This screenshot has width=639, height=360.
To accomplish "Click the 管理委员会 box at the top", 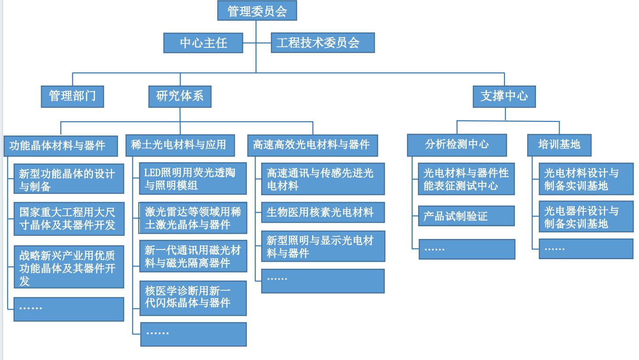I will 257,11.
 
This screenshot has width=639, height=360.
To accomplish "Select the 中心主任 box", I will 203,43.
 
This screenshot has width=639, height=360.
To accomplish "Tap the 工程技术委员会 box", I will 323,43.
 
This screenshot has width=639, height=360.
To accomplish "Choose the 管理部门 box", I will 72,96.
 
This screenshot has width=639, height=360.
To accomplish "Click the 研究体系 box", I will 180,96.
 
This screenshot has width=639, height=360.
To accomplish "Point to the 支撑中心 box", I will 504,96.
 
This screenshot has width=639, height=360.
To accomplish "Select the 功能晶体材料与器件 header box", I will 60,146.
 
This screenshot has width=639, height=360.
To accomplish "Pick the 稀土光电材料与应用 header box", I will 180,145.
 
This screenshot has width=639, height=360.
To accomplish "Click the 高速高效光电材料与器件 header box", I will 312,145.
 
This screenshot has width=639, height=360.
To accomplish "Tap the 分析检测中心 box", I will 457,145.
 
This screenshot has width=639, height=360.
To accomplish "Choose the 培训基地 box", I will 559,145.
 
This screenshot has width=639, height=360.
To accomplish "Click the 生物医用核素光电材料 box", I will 323,212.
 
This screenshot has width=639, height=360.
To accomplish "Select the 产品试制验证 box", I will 466,216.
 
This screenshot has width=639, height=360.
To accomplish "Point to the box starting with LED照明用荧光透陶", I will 193,178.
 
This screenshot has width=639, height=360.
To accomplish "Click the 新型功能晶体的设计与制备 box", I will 68,179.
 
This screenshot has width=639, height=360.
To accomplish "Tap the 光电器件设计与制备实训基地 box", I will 586,217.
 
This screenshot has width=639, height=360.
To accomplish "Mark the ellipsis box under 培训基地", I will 586,249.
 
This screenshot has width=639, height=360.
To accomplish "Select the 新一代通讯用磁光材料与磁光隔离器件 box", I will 193,256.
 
